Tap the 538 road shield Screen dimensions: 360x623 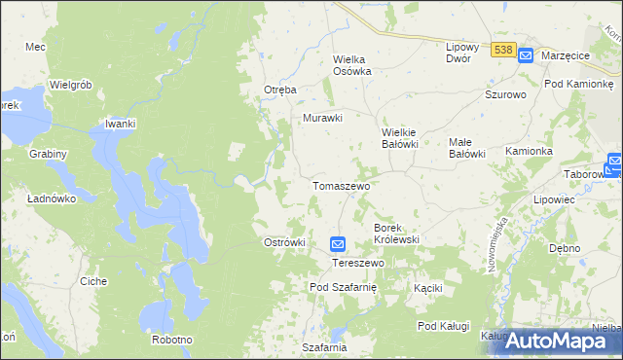click(503, 50)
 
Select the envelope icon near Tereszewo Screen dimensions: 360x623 click(337, 245)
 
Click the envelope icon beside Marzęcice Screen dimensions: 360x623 click(526, 55)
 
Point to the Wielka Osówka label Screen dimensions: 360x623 click(353, 64)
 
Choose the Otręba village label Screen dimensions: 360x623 click(279, 90)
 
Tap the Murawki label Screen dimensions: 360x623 click(323, 119)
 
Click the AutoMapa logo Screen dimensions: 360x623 click(558, 341)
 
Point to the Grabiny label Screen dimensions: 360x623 click(48, 154)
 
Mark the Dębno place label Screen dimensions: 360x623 click(565, 248)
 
